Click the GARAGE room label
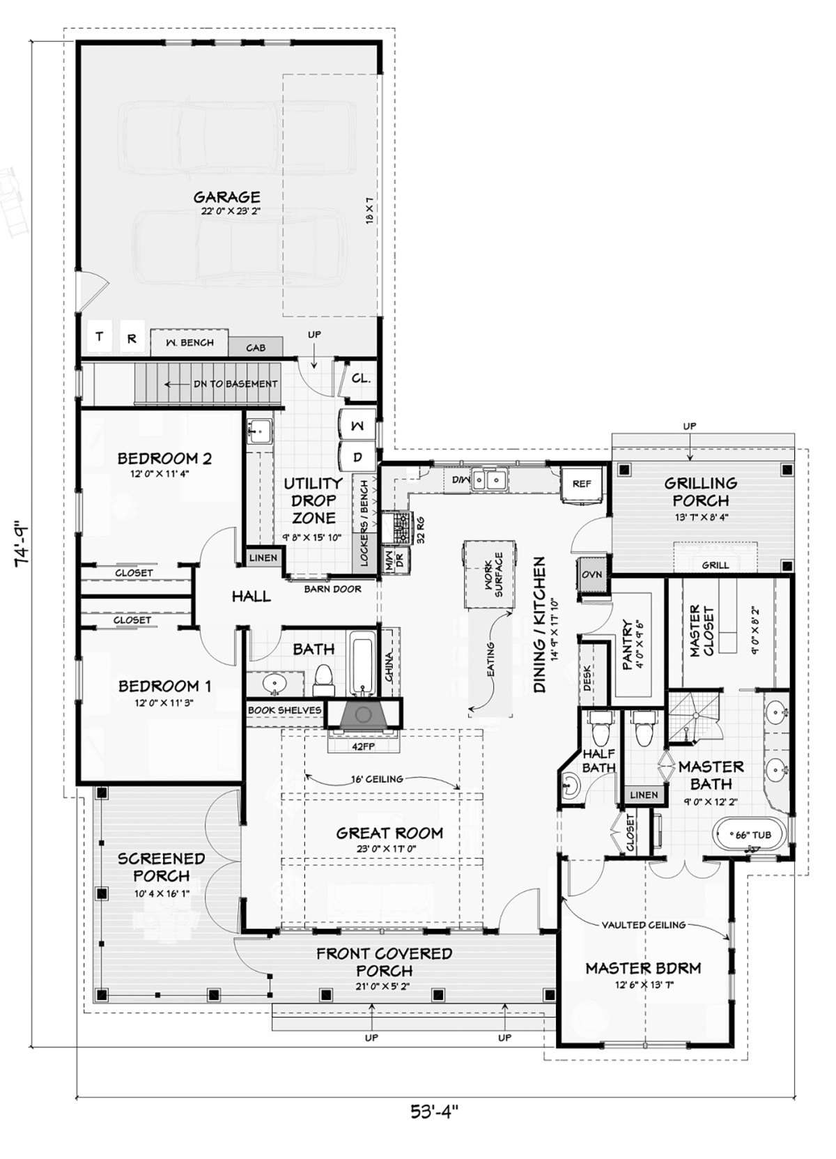pyautogui.click(x=226, y=197)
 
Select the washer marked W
pyautogui.click(x=357, y=425)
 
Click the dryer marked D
pyautogui.click(x=357, y=457)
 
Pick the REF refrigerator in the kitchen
pyautogui.click(x=582, y=484)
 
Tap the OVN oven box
pyautogui.click(x=592, y=575)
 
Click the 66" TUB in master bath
pyautogui.click(x=750, y=835)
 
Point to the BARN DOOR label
pyautogui.click(x=332, y=589)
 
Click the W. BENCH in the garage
pyautogui.click(x=189, y=342)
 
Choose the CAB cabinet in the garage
pyautogui.click(x=256, y=347)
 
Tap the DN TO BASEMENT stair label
pyautogui.click(x=235, y=384)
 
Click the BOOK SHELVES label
pyautogui.click(x=284, y=710)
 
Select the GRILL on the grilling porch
pyautogui.click(x=715, y=565)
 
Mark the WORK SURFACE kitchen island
pyautogui.click(x=490, y=574)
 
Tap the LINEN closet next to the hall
pyautogui.click(x=264, y=558)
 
